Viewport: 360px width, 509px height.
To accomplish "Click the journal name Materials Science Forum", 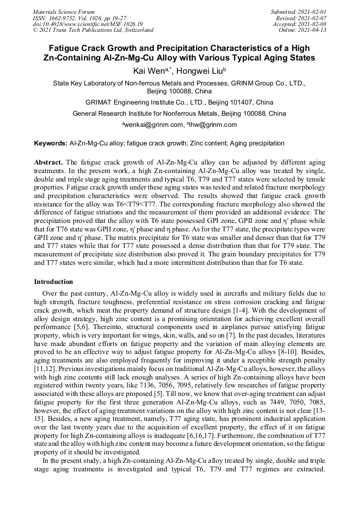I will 64,11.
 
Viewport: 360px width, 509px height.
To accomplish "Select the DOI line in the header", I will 88,24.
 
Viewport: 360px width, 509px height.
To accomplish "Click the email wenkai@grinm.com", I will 153,125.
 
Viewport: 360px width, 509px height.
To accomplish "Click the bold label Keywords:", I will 50,144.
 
